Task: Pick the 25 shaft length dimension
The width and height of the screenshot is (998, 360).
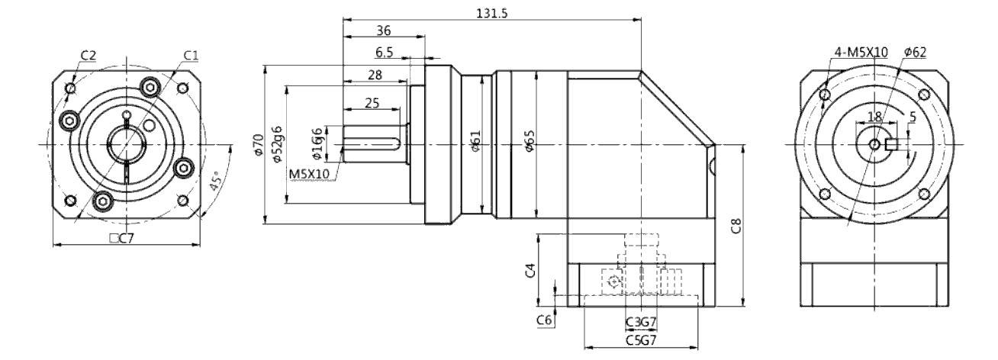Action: [x=372, y=102]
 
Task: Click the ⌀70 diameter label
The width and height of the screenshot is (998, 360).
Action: [x=258, y=145]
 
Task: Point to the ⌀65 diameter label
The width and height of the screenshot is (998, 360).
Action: [x=530, y=144]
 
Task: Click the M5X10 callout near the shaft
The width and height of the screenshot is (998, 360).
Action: [x=309, y=173]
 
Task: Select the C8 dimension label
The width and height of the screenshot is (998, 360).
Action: [x=735, y=227]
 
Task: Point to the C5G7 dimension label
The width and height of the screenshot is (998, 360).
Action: [x=642, y=339]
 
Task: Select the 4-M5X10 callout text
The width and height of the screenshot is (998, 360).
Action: [x=861, y=52]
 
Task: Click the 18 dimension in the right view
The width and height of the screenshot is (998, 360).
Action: [x=875, y=117]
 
